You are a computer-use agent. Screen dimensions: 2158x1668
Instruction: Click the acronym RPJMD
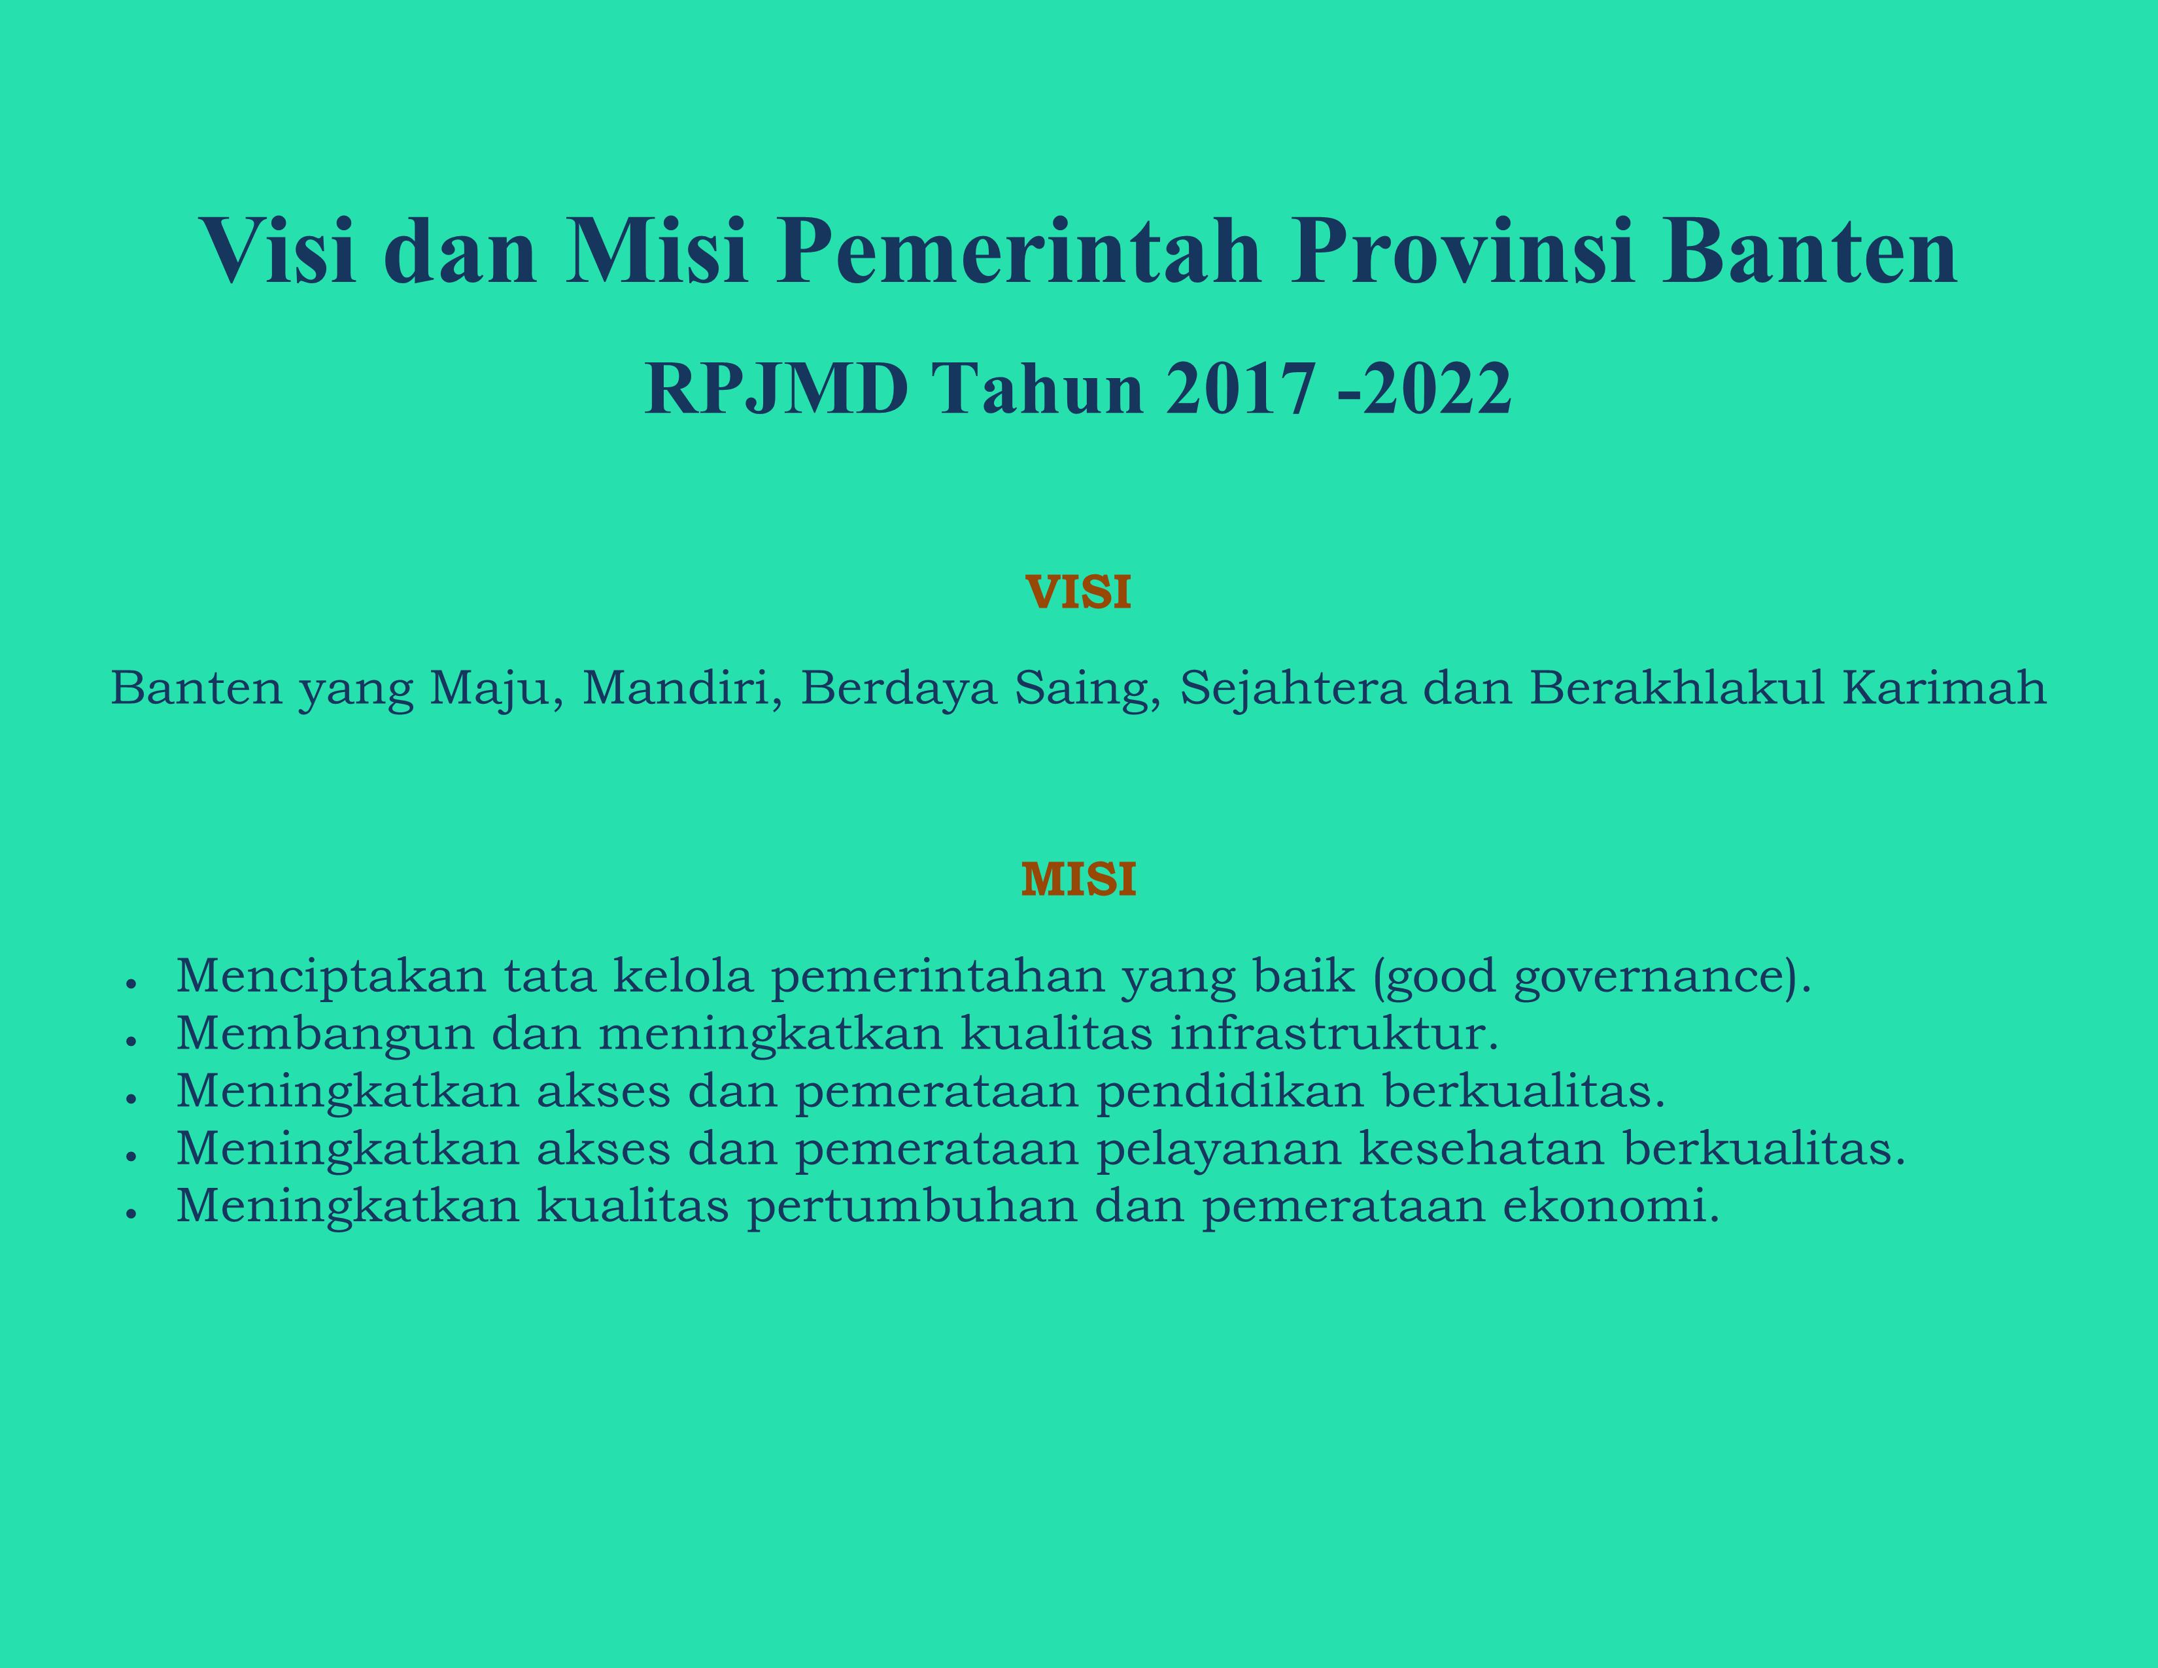click(777, 389)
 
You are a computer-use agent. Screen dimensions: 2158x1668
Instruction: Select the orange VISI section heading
click(1078, 592)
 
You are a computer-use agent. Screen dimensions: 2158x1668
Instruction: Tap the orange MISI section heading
click(1078, 878)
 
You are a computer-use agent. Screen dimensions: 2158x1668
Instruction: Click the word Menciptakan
click(331, 977)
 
